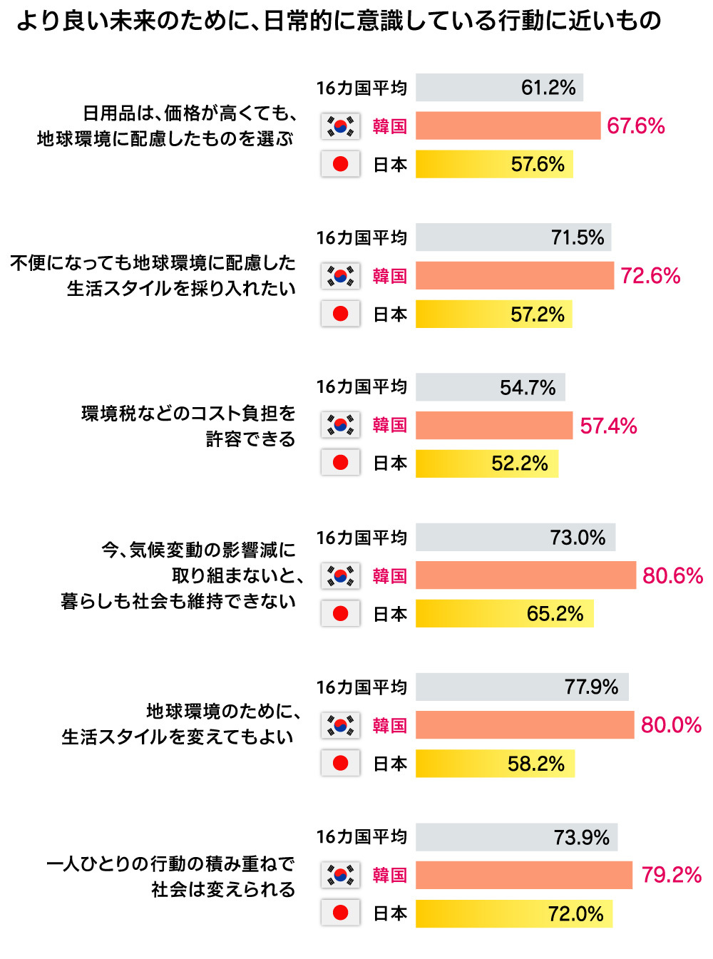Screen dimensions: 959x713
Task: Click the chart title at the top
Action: (339, 21)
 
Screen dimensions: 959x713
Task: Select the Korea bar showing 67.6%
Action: (508, 126)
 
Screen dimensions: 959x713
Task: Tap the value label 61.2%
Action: (548, 88)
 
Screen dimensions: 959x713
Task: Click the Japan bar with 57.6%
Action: (494, 165)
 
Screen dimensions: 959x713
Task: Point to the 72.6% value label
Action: (650, 276)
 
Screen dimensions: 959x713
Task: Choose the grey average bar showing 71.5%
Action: (513, 237)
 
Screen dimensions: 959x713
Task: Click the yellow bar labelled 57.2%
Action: (493, 314)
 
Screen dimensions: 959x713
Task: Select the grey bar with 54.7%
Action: (491, 387)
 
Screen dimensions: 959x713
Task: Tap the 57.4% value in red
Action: (608, 426)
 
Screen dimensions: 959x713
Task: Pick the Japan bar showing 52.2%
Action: (487, 463)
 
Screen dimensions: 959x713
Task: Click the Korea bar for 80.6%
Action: (525, 575)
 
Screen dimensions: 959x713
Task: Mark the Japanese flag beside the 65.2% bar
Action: (340, 614)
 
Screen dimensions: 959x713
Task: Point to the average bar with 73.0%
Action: (515, 538)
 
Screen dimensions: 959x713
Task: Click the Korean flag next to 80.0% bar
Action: (340, 725)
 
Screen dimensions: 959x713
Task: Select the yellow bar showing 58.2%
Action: (495, 764)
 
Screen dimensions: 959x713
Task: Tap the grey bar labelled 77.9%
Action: (522, 687)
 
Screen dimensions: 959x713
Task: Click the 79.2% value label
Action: (671, 875)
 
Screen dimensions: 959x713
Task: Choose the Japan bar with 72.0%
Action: (514, 913)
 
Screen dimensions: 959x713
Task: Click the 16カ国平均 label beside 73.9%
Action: (361, 837)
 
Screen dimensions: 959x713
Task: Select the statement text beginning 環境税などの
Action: (188, 426)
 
